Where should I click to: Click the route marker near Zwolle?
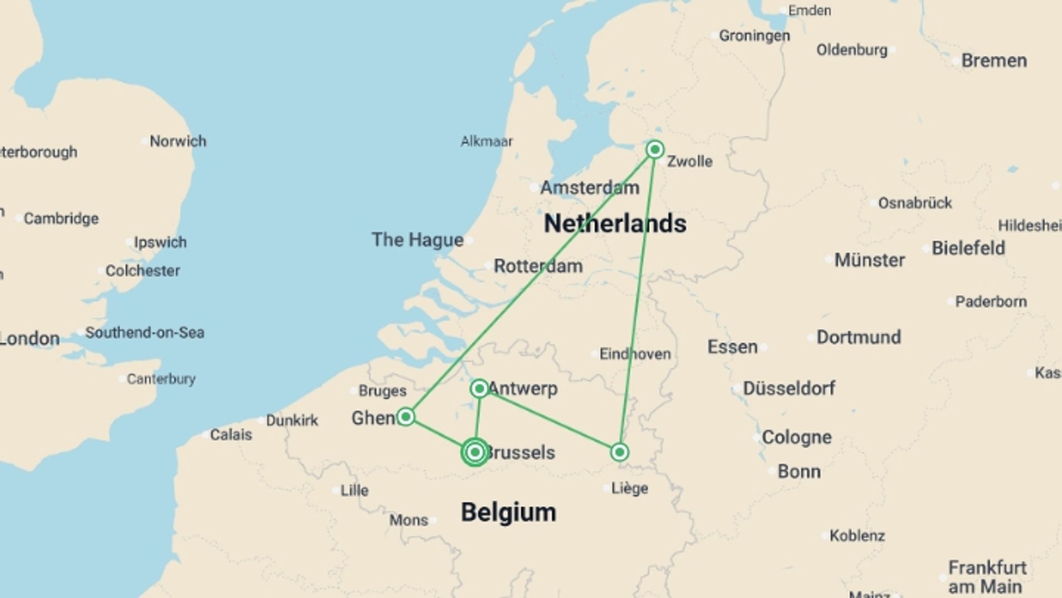655,149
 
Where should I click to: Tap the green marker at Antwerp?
480,388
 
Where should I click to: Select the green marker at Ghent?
406,416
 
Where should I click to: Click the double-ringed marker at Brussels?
475,452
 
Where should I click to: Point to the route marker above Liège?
619,452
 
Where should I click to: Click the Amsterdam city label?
590,188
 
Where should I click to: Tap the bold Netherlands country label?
615,224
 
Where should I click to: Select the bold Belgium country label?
508,512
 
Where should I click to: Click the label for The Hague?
418,240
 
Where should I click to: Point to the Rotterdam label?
538,266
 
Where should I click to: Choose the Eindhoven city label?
635,354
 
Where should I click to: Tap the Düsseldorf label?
789,388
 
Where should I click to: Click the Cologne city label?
796,437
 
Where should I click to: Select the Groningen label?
754,36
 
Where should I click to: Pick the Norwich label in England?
178,141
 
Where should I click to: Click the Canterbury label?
161,379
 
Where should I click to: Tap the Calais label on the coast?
231,435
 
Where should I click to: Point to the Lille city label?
354,490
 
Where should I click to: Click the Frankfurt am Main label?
987,576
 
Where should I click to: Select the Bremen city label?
994,60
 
